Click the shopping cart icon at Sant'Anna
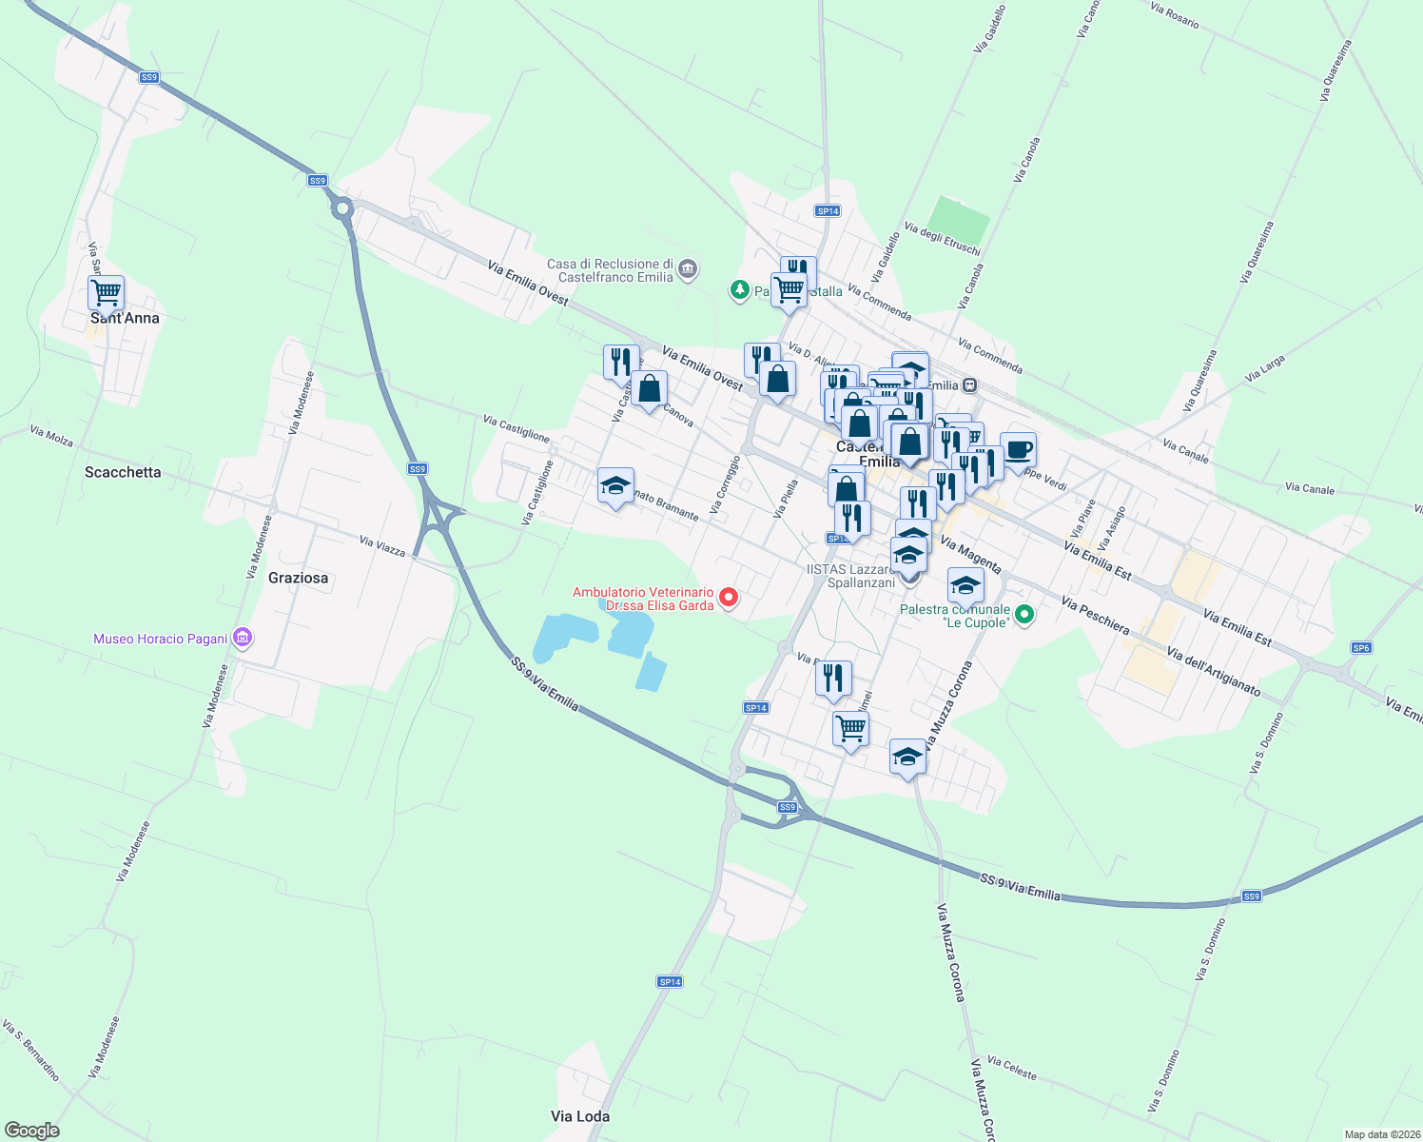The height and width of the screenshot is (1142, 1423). click(x=106, y=292)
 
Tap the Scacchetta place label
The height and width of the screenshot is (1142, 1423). click(x=123, y=472)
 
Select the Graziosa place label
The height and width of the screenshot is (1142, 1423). click(x=298, y=578)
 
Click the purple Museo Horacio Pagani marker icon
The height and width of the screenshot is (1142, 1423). click(x=243, y=638)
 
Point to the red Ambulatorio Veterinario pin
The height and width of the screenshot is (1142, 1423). click(x=729, y=598)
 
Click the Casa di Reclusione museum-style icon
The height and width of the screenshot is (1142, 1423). click(x=689, y=270)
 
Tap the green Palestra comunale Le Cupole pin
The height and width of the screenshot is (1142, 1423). click(x=1024, y=615)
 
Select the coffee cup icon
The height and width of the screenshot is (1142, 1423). click(x=1018, y=449)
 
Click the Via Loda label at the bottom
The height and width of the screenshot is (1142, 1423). click(x=580, y=1116)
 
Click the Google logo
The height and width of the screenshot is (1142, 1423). click(x=32, y=1131)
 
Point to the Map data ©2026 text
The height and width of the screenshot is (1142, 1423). click(x=1381, y=1134)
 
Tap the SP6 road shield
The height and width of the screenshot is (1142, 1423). click(x=1361, y=648)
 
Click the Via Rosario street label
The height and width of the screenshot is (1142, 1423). click(x=1175, y=15)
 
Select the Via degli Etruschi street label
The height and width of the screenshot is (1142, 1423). click(x=942, y=239)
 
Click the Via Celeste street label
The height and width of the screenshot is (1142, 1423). click(x=1011, y=1068)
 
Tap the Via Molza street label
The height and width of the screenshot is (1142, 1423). click(x=51, y=436)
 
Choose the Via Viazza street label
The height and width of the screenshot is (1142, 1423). click(x=382, y=546)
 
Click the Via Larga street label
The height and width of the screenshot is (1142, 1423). click(x=1265, y=369)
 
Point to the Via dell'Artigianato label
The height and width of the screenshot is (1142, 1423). click(x=1213, y=672)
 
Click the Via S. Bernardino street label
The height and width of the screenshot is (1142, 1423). click(x=30, y=1052)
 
